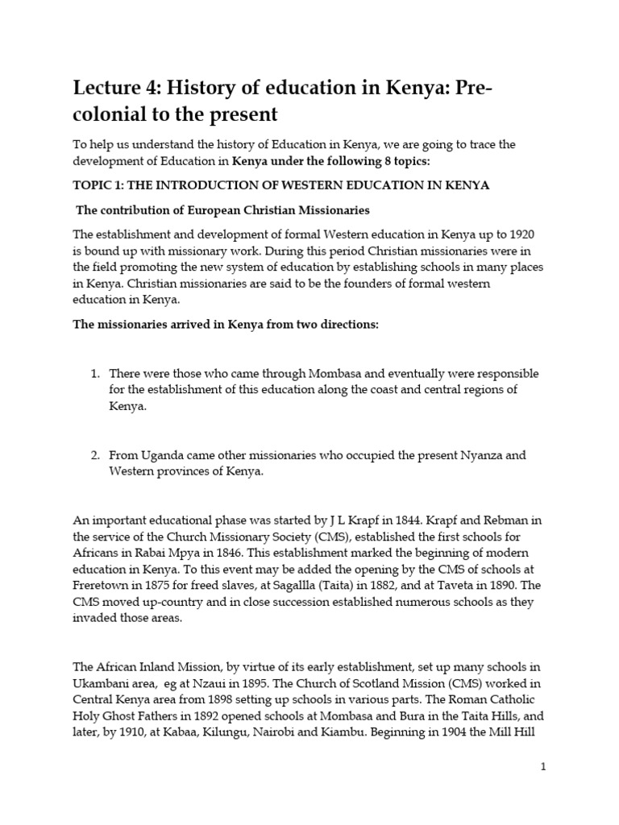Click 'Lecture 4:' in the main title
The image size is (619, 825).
click(117, 87)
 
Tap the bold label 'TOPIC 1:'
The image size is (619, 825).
click(101, 185)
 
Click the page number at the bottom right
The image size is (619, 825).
click(543, 766)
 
